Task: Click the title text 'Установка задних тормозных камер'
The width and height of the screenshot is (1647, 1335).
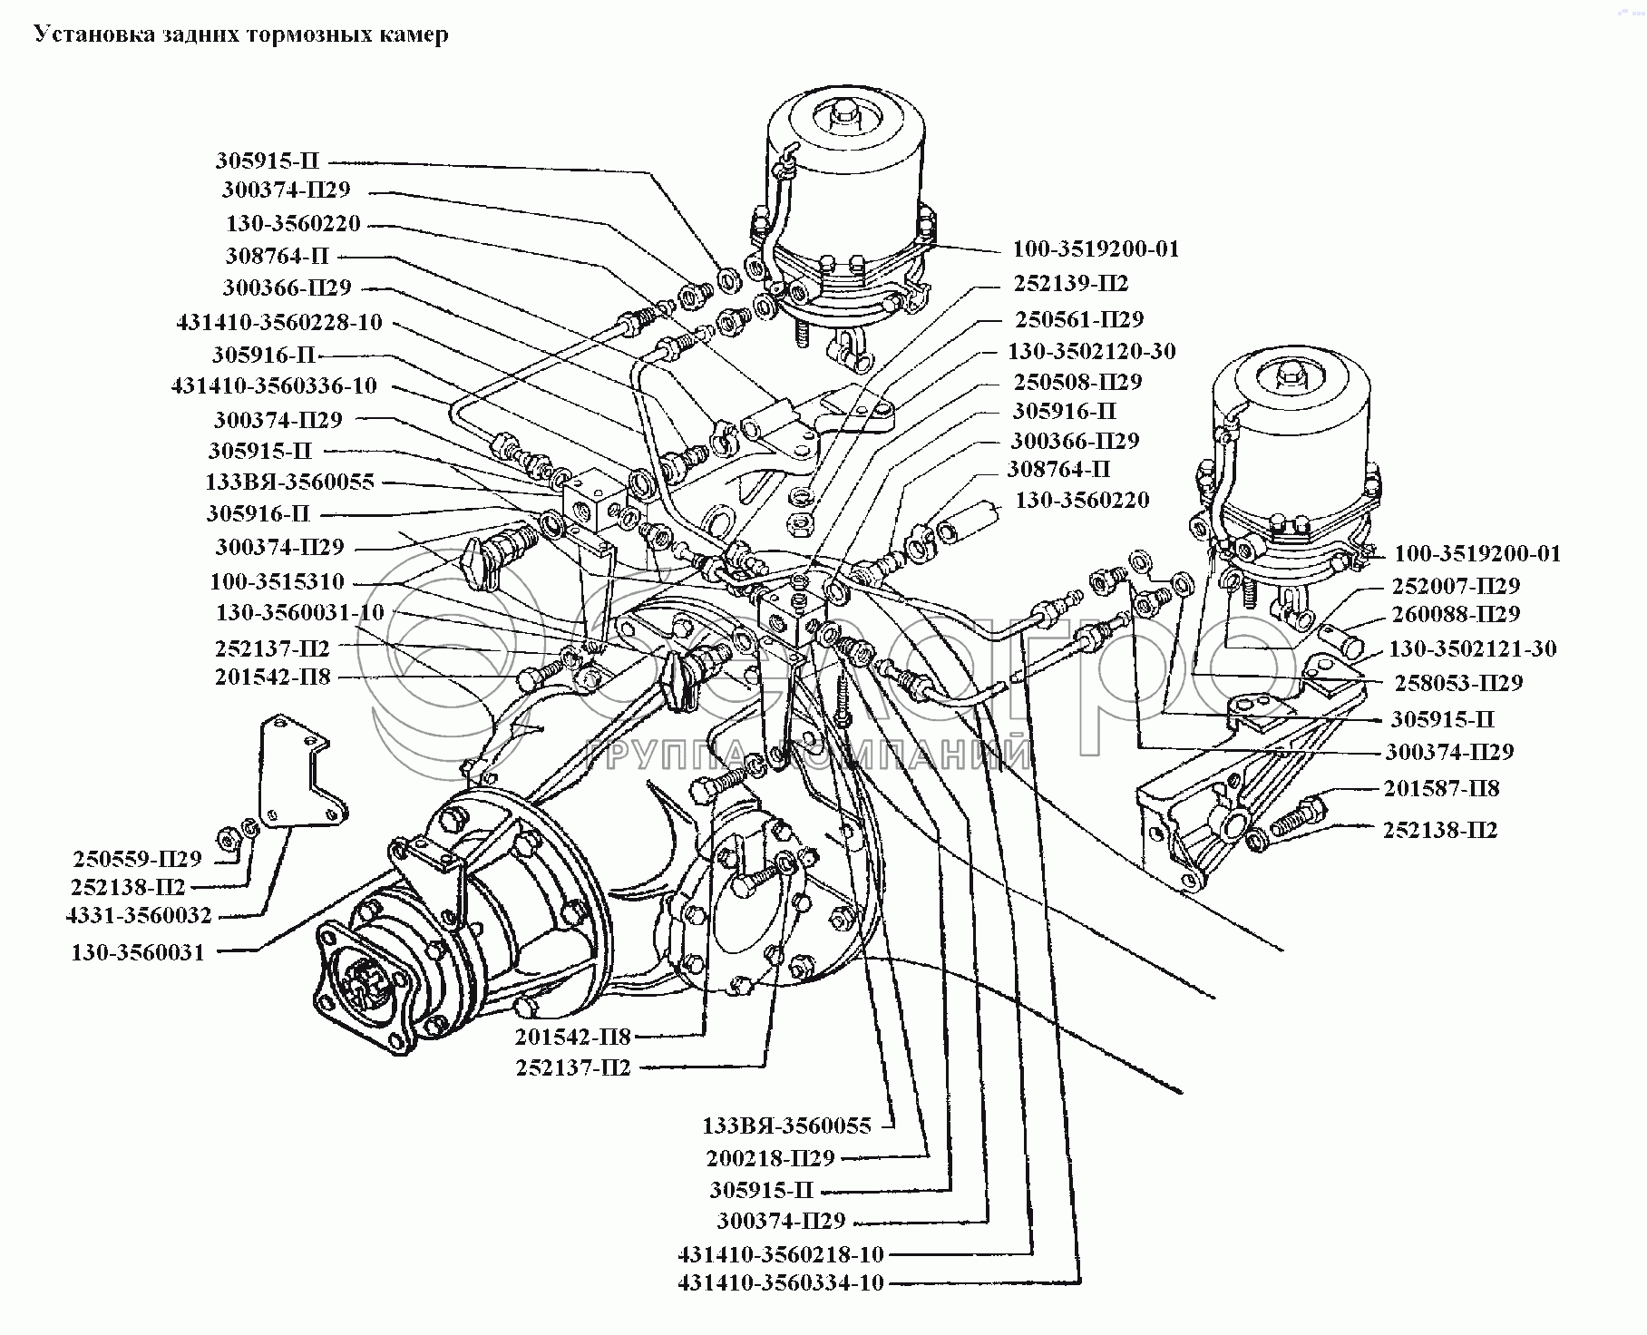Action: click(x=240, y=34)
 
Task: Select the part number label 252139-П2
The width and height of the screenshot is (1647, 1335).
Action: click(x=1070, y=284)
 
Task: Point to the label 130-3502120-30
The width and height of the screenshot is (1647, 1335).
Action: click(x=1091, y=351)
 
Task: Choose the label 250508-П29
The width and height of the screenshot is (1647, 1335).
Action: click(x=1077, y=381)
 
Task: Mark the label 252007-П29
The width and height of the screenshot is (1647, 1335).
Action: click(x=1456, y=586)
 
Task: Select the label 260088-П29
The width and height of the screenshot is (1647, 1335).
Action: click(x=1456, y=614)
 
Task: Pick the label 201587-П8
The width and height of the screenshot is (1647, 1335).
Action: click(x=1441, y=788)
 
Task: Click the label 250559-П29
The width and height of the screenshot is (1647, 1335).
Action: click(x=137, y=858)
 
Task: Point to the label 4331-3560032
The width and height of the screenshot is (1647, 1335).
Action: click(x=139, y=915)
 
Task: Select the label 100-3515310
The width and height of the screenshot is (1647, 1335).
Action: click(x=277, y=581)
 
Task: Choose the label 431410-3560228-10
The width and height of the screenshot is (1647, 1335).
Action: click(x=278, y=322)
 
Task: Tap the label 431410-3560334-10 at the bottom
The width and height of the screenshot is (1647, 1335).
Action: click(x=780, y=1282)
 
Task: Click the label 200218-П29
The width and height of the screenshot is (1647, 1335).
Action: click(x=770, y=1158)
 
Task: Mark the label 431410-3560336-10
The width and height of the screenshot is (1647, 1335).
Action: click(x=274, y=385)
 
